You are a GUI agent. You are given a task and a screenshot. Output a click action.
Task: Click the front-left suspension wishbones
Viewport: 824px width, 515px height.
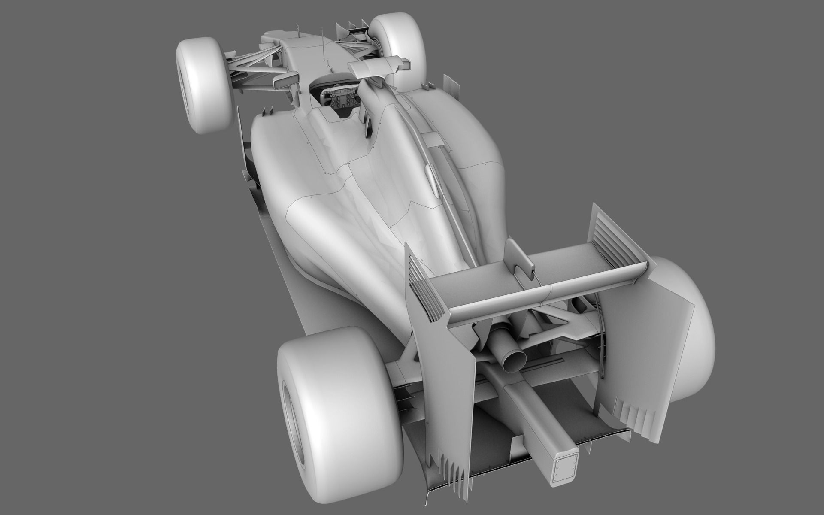point(253,69)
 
